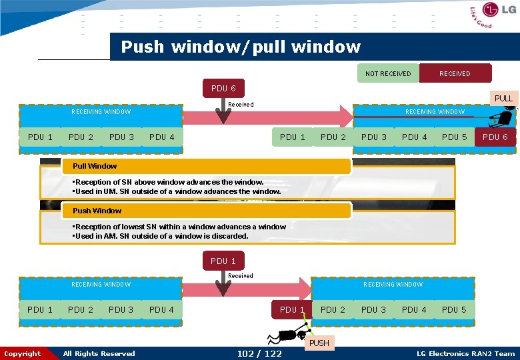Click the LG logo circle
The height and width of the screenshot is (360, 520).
pos(491,10)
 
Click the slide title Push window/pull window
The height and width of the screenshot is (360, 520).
pos(241,47)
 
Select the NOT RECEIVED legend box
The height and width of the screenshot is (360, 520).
pos(388,73)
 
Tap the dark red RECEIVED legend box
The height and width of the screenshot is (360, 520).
pos(455,73)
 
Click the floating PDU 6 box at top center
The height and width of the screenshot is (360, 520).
pos(223,88)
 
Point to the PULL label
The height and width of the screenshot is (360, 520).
pos(503,98)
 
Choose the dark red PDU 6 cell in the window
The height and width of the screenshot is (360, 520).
pos(495,137)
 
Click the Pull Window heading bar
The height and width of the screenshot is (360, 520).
pos(207,166)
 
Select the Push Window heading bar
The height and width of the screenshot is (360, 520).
pos(207,211)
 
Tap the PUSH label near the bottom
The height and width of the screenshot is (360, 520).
pos(319,343)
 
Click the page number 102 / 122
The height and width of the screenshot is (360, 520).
pos(259,353)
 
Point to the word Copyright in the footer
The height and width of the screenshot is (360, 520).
pos(22,353)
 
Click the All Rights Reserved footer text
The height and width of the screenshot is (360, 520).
pos(99,353)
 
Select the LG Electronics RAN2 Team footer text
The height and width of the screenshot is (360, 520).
pos(465,353)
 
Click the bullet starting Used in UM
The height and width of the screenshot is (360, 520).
pos(176,191)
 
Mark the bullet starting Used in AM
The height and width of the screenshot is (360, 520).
pos(160,236)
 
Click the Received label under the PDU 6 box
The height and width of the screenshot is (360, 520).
pos(241,104)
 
